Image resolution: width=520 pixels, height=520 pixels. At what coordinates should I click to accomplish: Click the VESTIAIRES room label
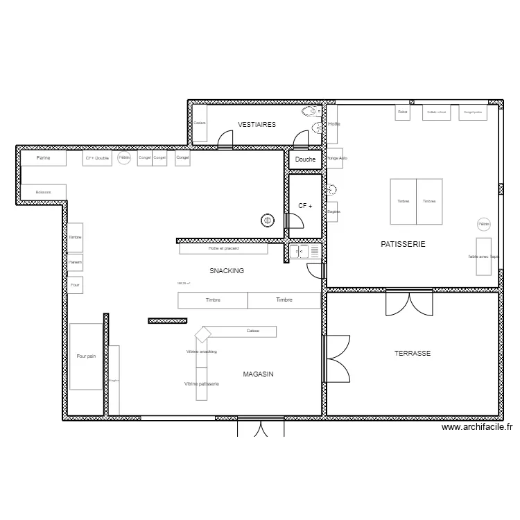click(x=257, y=125)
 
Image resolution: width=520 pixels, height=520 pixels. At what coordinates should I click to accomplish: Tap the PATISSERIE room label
click(x=403, y=244)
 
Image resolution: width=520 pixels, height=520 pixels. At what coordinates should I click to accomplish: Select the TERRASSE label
click(x=413, y=354)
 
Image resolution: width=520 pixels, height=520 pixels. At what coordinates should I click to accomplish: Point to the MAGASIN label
click(x=258, y=374)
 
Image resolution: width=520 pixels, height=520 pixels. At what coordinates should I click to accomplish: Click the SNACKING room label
click(x=227, y=271)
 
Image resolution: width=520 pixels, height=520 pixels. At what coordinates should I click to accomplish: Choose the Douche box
click(x=305, y=159)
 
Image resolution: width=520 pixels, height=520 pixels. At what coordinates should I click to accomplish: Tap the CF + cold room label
click(x=305, y=206)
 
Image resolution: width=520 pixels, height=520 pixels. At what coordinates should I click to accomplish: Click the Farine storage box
click(x=43, y=158)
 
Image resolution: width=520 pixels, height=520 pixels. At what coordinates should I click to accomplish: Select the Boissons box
click(x=43, y=192)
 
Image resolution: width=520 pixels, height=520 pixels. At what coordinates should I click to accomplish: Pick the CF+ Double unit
click(x=97, y=158)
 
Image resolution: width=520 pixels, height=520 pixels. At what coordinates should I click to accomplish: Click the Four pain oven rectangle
click(x=86, y=356)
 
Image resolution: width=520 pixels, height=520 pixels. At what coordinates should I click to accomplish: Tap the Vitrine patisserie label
click(x=202, y=383)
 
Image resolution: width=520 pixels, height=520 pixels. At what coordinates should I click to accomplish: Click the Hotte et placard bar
click(x=223, y=248)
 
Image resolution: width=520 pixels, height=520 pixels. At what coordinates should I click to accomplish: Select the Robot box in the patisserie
click(x=403, y=112)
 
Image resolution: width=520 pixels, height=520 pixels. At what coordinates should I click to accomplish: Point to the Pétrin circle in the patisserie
click(x=483, y=224)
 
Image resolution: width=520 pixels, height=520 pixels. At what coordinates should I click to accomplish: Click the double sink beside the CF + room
click(x=305, y=252)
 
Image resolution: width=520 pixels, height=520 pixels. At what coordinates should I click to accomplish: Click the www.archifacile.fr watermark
click(x=478, y=428)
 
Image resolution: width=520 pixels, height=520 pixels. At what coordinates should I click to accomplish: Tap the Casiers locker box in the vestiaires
click(x=200, y=123)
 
